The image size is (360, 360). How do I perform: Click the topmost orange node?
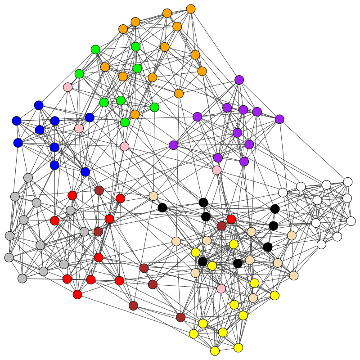tap(191, 9)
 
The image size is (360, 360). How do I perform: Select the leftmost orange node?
tap(105, 67)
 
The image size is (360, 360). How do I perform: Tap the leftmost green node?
tap(79, 74)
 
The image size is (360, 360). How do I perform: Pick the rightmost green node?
tap(154, 107)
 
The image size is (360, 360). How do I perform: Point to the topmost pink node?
tap(67, 87)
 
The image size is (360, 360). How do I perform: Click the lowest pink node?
tap(221, 288)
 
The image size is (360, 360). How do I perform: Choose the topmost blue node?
tap(39, 105)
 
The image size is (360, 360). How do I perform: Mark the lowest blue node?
tap(85, 172)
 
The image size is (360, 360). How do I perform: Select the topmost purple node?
tap(239, 80)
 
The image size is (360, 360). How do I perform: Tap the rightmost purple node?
tap(279, 119)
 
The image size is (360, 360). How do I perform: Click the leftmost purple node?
tap(173, 145)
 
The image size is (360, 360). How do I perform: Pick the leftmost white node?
tap(283, 193)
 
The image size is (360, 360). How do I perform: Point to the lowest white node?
tap(321, 244)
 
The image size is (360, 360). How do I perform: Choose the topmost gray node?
tap(28, 178)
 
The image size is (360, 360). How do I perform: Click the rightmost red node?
tap(231, 219)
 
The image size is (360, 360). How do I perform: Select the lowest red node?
tap(77, 294)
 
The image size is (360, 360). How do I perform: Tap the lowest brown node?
tap(180, 318)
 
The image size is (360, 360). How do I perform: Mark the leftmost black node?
tap(162, 207)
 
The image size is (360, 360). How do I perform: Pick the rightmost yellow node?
tap(274, 295)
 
